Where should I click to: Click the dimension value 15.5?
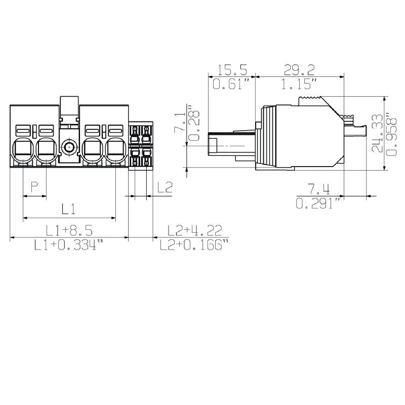pyautogui.click(x=231, y=70)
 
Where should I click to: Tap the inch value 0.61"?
pyautogui.click(x=231, y=85)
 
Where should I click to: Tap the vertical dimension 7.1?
pyautogui.click(x=179, y=123)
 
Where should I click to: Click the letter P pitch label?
pyautogui.click(x=34, y=187)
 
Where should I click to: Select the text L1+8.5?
pyautogui.click(x=69, y=230)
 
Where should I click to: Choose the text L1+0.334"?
pyautogui.click(x=69, y=246)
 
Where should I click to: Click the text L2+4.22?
pyautogui.click(x=194, y=230)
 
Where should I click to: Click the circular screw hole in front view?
pyautogui.click(x=69, y=148)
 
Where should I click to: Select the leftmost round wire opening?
pyautogui.click(x=23, y=149)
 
